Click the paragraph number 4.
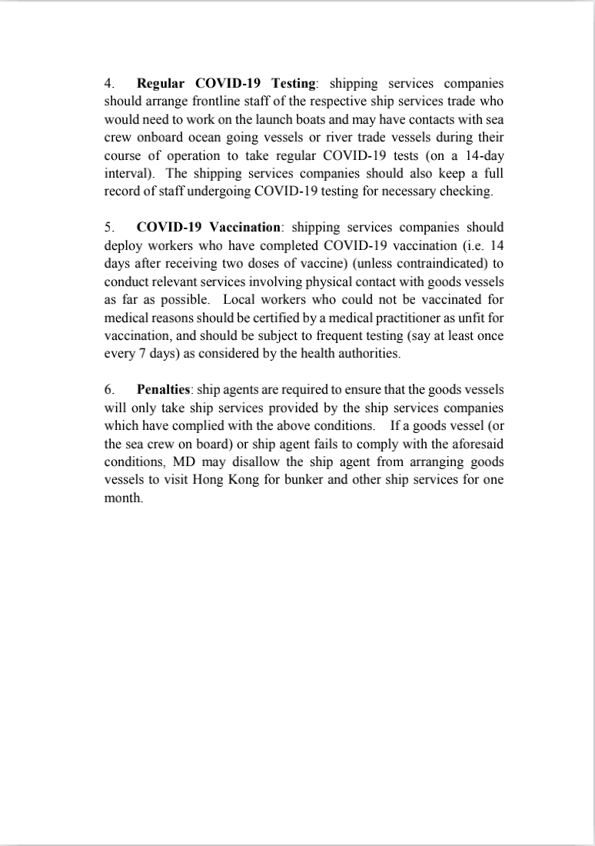point(108,82)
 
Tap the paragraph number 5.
point(108,227)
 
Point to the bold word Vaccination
point(246,227)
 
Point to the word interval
point(129,173)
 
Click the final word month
point(122,498)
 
